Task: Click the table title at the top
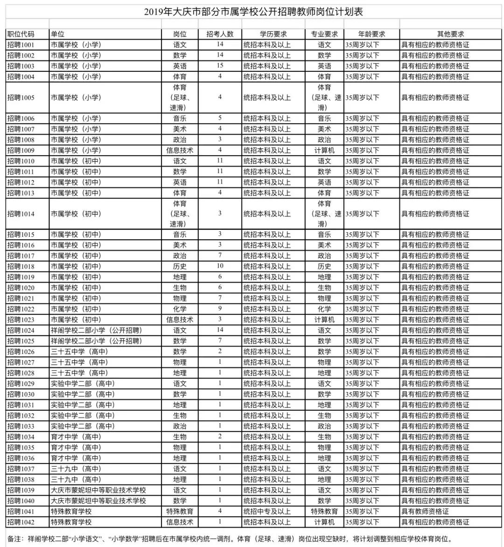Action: (x=253, y=12)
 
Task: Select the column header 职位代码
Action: (x=21, y=34)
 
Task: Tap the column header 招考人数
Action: (x=220, y=34)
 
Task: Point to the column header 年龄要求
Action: (x=371, y=34)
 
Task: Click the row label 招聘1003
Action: (x=21, y=66)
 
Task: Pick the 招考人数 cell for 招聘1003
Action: (x=220, y=66)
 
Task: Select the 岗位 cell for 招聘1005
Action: (x=180, y=97)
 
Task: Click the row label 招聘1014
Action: (x=21, y=214)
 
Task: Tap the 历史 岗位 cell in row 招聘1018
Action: (x=180, y=267)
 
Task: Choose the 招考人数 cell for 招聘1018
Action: (x=220, y=266)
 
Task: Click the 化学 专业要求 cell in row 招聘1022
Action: (x=324, y=309)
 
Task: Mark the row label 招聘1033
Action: (x=21, y=426)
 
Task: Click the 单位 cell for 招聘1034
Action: (x=76, y=437)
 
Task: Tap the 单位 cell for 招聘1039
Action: (x=98, y=490)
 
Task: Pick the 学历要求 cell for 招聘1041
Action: (x=267, y=512)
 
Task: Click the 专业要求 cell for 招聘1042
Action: (x=324, y=522)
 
